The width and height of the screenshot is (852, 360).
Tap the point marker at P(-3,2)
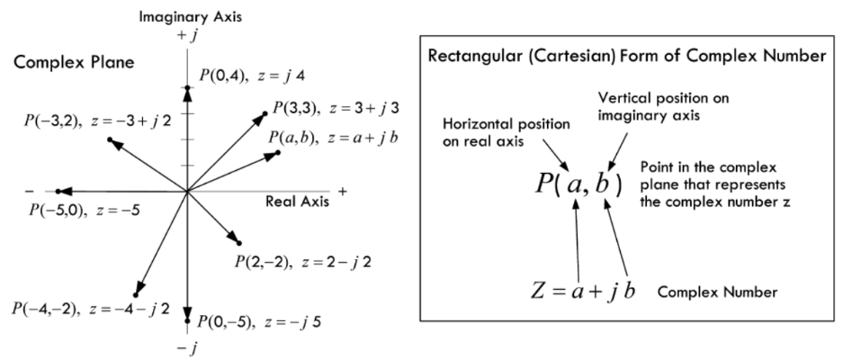(110, 139)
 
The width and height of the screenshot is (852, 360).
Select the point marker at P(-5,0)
(58, 191)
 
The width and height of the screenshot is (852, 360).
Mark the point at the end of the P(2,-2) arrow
(239, 243)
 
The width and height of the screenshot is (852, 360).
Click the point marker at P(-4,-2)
(136, 294)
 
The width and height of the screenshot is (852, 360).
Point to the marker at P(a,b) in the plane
(279, 153)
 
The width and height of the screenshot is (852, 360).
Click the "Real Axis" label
(297, 202)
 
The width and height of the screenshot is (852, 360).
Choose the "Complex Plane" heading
(62, 67)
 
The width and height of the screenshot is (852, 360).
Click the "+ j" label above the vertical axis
(187, 34)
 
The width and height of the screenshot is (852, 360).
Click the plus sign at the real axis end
(342, 192)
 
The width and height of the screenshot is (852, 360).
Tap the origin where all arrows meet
(187, 191)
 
